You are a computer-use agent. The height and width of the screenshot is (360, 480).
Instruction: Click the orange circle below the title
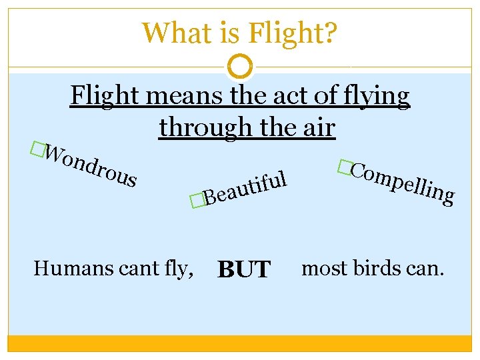point(240,66)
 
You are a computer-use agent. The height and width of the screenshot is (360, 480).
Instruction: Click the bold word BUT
point(243,270)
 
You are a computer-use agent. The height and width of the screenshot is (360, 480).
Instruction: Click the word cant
point(137,269)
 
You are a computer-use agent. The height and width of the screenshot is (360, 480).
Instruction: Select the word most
point(324,269)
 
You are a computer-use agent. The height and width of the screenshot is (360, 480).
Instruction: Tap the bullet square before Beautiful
point(195,199)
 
